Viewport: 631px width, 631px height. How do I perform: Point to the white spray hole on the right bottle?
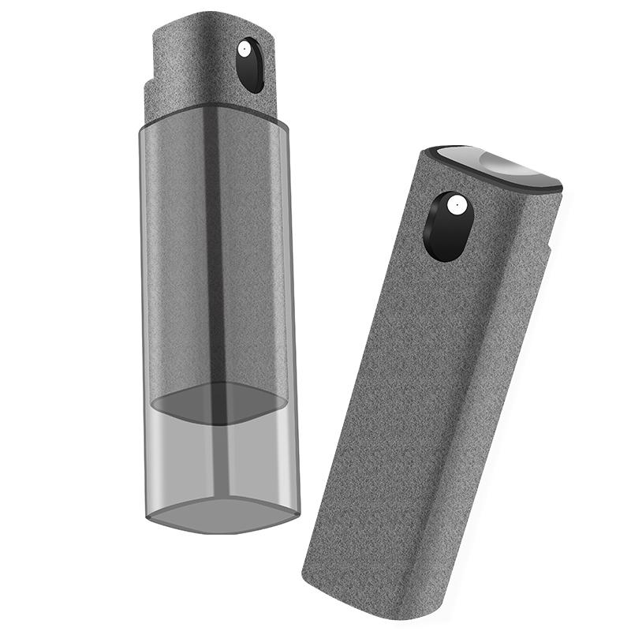(454, 207)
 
